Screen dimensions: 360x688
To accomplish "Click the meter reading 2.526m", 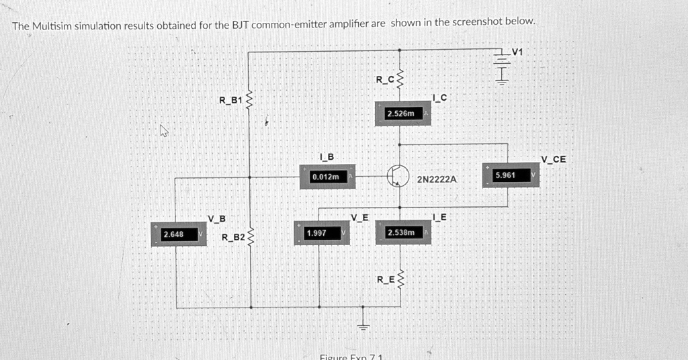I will coord(404,114).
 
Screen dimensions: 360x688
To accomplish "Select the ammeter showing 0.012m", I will coord(329,177).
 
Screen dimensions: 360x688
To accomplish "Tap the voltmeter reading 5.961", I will coord(511,175).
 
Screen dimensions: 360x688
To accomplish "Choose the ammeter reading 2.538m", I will coord(404,232).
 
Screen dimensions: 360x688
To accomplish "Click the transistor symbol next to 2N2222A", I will coord(398,175).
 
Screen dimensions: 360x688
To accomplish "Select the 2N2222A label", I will coord(436,180).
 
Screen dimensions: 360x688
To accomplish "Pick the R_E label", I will coord(385,279).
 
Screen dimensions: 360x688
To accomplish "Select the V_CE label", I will coord(554,159).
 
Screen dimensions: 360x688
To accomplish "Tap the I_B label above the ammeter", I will coord(326,158).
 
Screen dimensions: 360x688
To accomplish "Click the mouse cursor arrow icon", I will coord(163,131).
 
